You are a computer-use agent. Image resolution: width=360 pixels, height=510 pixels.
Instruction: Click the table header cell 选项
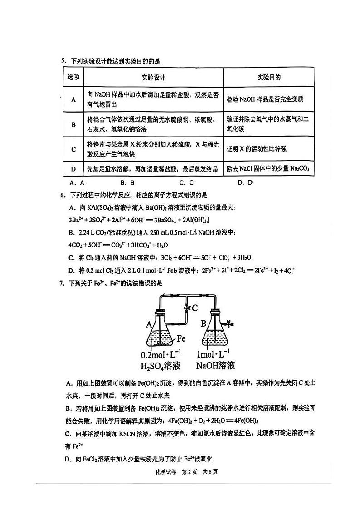click(73, 77)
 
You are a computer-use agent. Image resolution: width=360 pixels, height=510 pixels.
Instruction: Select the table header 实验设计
click(153, 77)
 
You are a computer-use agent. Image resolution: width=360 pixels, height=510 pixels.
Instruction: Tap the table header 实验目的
click(268, 77)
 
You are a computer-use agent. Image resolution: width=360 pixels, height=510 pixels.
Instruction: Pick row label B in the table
click(73, 124)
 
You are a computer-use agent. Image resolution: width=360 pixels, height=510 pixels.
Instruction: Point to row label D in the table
click(73, 169)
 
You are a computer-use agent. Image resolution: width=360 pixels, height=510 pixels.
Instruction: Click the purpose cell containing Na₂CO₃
click(268, 169)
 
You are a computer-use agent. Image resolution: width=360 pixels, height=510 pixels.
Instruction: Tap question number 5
click(63, 61)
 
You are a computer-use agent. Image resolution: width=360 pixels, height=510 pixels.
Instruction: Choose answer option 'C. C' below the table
click(186, 183)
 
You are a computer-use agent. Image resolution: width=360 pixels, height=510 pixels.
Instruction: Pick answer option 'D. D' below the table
click(245, 183)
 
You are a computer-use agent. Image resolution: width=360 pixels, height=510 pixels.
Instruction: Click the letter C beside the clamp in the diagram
click(195, 308)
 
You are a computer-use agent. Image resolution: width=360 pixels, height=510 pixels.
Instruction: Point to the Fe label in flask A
click(181, 338)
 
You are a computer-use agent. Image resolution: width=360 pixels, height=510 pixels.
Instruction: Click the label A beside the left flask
click(149, 324)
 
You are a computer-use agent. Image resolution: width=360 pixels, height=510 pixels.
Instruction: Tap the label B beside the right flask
click(204, 324)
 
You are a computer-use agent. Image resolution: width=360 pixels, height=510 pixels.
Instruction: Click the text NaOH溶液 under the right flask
click(216, 365)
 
